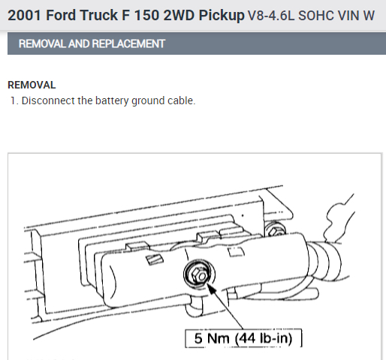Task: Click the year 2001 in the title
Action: (24, 15)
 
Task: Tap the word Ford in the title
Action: (61, 15)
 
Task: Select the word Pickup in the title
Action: (222, 16)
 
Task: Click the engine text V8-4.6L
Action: (271, 16)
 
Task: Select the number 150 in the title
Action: (146, 15)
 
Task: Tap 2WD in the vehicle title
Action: (179, 15)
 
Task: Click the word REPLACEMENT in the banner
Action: (128, 43)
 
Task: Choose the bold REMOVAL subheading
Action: (32, 85)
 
